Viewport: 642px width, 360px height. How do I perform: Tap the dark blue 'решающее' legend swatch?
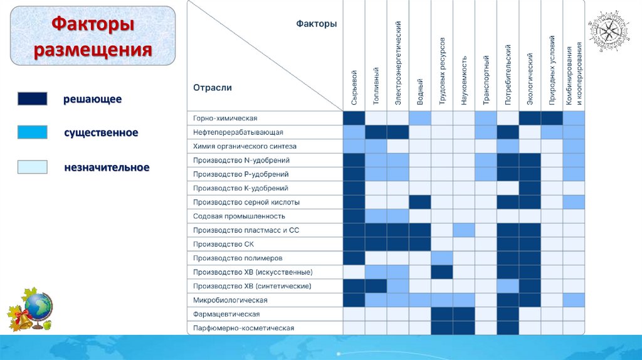pos(32,99)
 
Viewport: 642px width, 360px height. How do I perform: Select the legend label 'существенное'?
pos(101,133)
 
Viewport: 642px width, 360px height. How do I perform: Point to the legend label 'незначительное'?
pos(107,167)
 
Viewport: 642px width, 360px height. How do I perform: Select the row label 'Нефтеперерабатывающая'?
pos(238,132)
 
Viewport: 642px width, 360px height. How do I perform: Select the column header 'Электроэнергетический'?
pos(398,63)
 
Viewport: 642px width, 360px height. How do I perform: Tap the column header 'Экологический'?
pos(530,78)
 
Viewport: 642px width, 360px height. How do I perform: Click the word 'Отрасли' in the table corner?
pos(213,88)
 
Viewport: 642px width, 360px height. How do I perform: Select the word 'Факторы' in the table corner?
pos(316,24)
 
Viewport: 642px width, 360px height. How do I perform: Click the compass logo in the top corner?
pos(609,32)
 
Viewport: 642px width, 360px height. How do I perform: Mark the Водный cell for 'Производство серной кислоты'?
pos(420,202)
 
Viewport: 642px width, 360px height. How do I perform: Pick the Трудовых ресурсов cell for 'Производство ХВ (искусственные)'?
pos(442,272)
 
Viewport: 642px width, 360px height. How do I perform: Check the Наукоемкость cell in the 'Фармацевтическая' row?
pos(464,314)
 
